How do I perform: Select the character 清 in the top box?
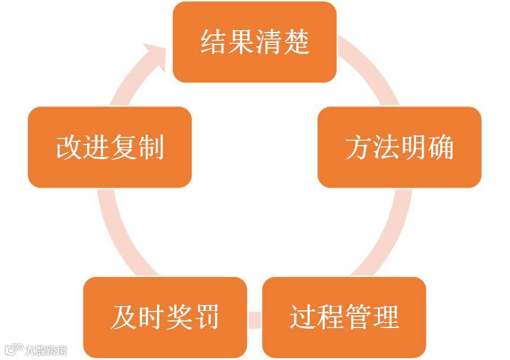click(x=269, y=43)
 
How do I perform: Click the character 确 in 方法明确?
click(x=441, y=147)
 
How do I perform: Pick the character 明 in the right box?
click(x=413, y=147)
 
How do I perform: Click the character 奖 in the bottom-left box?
click(x=179, y=317)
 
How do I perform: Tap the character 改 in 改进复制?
click(x=69, y=147)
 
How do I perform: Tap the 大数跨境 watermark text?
click(x=45, y=350)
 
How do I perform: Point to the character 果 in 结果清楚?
click(x=241, y=43)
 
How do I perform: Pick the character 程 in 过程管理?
click(x=331, y=317)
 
